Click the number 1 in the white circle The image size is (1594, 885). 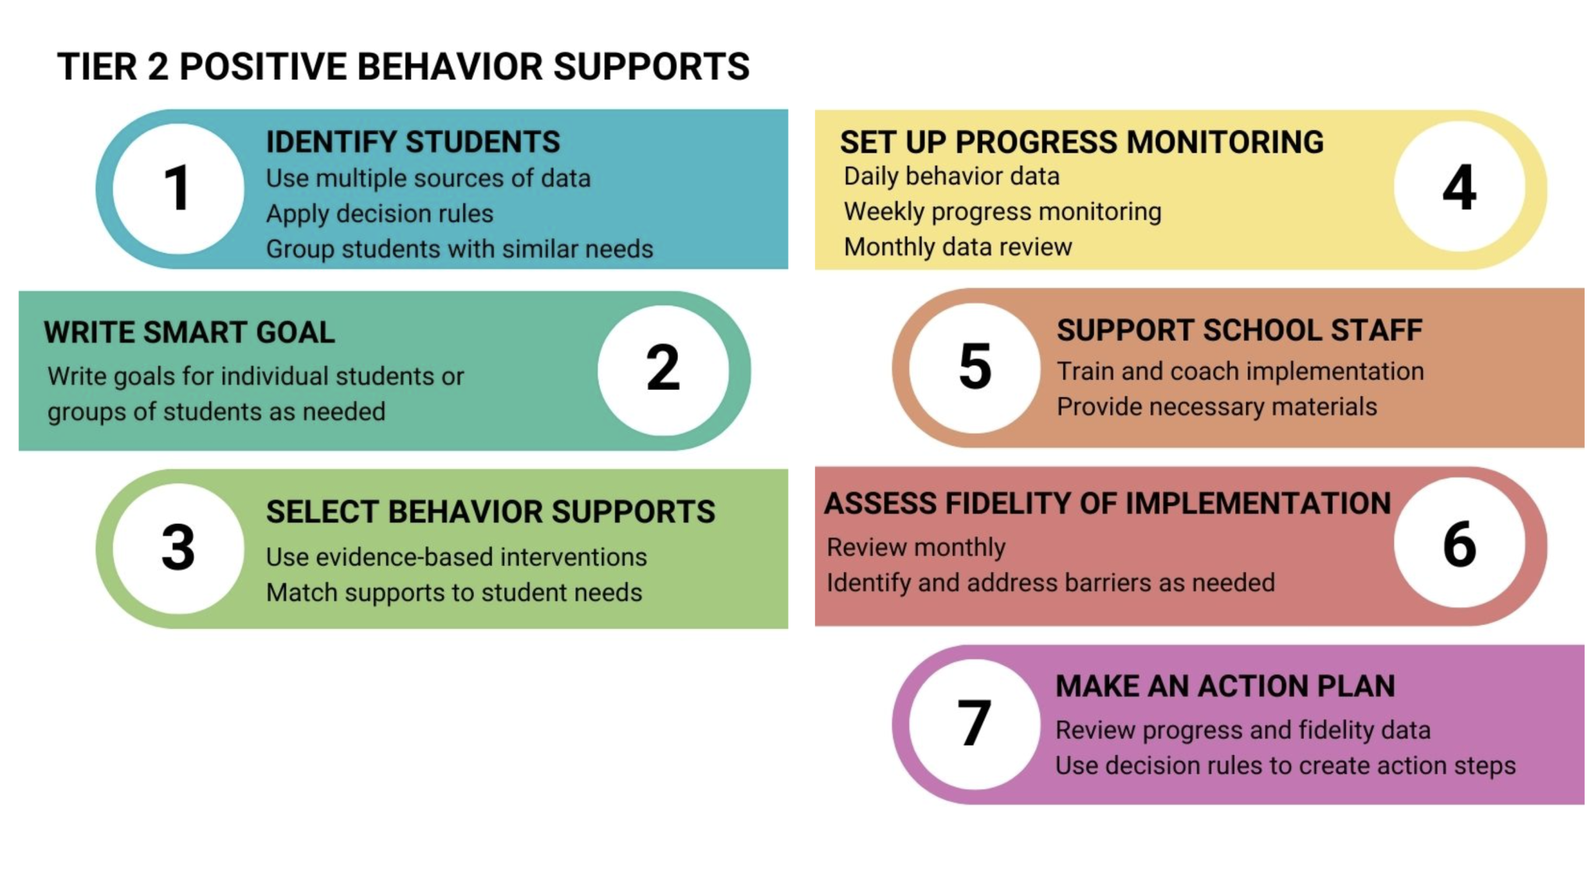(x=178, y=189)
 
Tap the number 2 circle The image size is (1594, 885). (x=663, y=368)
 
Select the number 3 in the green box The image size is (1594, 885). (x=178, y=547)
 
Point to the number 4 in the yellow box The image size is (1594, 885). (x=1459, y=188)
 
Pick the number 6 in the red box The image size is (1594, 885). (x=1459, y=544)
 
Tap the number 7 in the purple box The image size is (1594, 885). (x=974, y=723)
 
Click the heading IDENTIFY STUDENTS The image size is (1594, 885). (x=413, y=142)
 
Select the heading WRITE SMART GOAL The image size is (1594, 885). (x=189, y=332)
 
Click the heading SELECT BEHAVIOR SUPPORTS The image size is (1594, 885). (x=490, y=512)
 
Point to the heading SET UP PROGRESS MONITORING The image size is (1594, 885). (x=1081, y=142)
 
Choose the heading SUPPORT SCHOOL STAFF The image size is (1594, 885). (x=1239, y=330)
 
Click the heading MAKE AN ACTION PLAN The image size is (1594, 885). (x=1225, y=687)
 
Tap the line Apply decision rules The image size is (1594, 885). (x=380, y=213)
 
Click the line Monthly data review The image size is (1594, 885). (x=957, y=247)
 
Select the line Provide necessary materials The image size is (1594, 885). (x=1217, y=406)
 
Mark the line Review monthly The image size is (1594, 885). (x=916, y=547)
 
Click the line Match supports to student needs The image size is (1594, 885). (x=454, y=592)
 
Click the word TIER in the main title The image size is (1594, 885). (x=97, y=67)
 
